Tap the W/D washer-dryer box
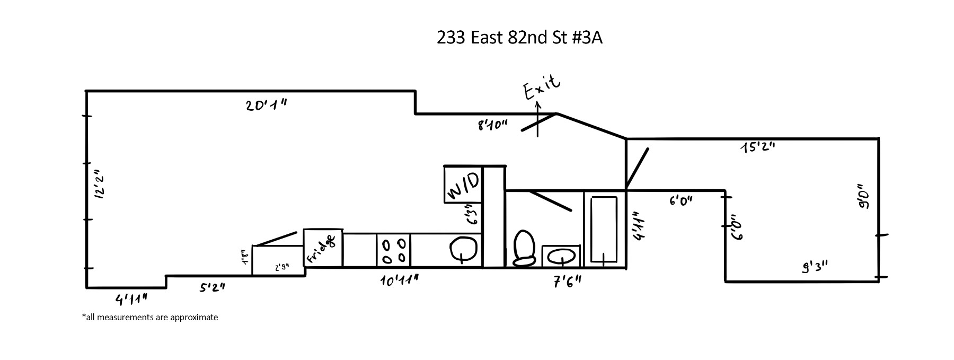(463, 184)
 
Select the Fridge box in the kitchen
(323, 248)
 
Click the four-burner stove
(394, 250)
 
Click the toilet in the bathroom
(524, 248)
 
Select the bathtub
(604, 229)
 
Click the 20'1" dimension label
(267, 105)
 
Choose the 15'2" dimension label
(758, 147)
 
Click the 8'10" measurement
(492, 125)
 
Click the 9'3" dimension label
(815, 267)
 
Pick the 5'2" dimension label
(213, 287)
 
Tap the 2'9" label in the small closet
(282, 268)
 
